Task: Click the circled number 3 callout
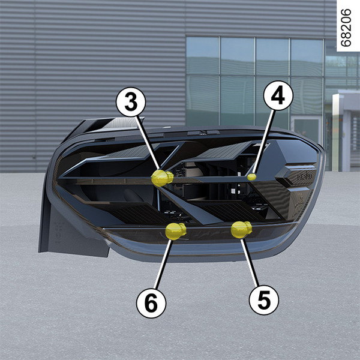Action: (131, 102)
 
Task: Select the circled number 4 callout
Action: (278, 95)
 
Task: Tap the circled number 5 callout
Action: (264, 300)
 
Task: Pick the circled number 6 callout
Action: (151, 303)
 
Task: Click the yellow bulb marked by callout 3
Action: (162, 178)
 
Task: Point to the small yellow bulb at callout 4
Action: (251, 177)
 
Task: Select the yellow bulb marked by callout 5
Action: (241, 229)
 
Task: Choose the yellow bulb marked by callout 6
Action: (176, 231)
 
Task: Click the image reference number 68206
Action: (346, 28)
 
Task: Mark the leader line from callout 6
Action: (163, 264)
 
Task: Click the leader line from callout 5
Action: (250, 262)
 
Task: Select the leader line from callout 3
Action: (148, 143)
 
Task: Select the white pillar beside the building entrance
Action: (336, 133)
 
